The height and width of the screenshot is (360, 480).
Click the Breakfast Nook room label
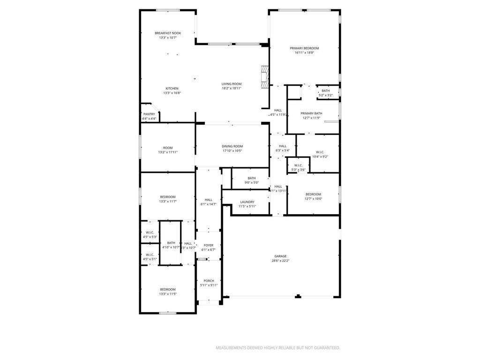pyautogui.click(x=168, y=33)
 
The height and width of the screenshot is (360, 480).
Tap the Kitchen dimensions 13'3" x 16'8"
pyautogui.click(x=172, y=93)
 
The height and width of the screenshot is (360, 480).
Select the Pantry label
pyautogui.click(x=149, y=114)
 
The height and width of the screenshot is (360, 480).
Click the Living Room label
pyautogui.click(x=232, y=84)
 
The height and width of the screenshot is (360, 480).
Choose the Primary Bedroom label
pyautogui.click(x=304, y=48)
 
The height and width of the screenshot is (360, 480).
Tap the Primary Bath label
pyautogui.click(x=311, y=113)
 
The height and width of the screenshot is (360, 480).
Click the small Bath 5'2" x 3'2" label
pyautogui.click(x=325, y=90)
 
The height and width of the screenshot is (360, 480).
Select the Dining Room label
pyautogui.click(x=232, y=146)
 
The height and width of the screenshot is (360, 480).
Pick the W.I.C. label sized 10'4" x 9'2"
pyautogui.click(x=320, y=152)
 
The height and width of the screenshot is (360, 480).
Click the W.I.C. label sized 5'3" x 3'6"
pyautogui.click(x=298, y=165)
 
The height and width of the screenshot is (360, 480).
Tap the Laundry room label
pyautogui.click(x=247, y=202)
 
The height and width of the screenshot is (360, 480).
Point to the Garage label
pyautogui.click(x=281, y=256)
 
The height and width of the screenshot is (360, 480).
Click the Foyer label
pyautogui.click(x=208, y=245)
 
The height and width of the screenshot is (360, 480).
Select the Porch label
pyautogui.click(x=209, y=281)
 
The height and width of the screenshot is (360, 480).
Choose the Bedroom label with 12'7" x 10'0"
pyautogui.click(x=313, y=194)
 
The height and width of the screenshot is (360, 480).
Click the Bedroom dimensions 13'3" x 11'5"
pyautogui.click(x=168, y=294)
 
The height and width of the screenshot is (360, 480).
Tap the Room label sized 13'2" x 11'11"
pyautogui.click(x=168, y=148)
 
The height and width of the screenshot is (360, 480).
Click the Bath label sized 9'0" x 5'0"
pyautogui.click(x=252, y=178)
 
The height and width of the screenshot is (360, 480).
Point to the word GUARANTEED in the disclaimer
pyautogui.click(x=324, y=348)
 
